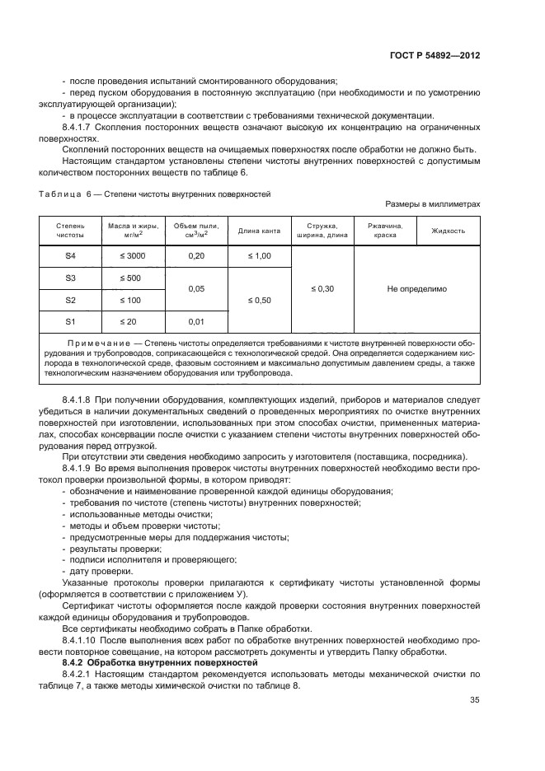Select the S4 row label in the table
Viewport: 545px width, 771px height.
(x=71, y=256)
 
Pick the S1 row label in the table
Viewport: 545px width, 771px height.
(x=71, y=320)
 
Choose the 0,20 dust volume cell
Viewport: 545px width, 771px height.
(x=196, y=256)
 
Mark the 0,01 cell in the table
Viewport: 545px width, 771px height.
(x=196, y=320)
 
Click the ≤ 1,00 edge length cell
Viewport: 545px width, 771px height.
(x=260, y=256)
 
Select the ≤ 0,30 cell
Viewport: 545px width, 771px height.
(x=322, y=289)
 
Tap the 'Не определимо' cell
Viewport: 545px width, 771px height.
(x=416, y=289)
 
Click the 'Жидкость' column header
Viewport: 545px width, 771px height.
(x=449, y=231)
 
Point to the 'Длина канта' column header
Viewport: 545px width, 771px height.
(x=260, y=231)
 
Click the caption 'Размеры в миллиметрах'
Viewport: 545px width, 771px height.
(x=433, y=203)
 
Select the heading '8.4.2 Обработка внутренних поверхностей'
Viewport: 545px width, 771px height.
(x=143, y=662)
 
